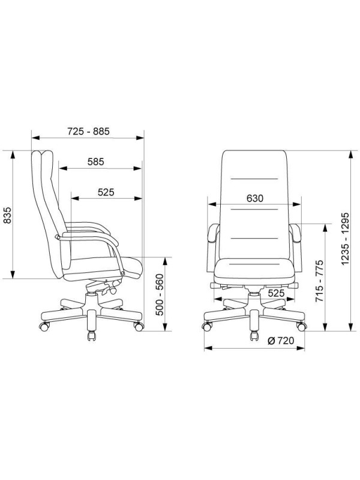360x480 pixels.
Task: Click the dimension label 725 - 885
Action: click(88, 131)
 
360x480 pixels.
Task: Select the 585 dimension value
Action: click(96, 161)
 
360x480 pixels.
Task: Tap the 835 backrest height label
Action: click(7, 215)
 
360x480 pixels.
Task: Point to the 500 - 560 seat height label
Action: click(160, 295)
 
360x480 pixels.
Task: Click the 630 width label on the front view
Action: click(254, 199)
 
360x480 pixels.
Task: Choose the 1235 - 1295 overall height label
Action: click(345, 238)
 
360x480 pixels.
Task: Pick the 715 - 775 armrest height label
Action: click(320, 281)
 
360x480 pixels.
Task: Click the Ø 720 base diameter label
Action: click(281, 340)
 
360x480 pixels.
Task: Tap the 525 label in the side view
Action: click(106, 192)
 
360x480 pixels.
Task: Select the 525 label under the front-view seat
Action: click(276, 293)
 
